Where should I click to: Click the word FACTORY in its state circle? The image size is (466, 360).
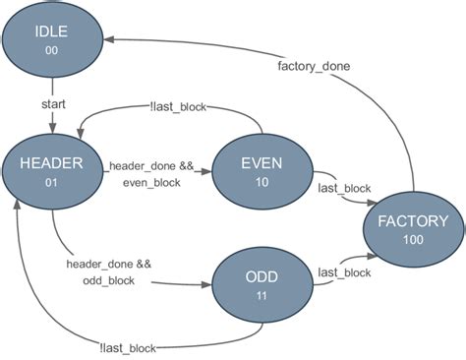[411, 220]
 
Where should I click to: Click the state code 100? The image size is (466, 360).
[411, 241]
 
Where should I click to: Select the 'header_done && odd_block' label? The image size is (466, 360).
[109, 272]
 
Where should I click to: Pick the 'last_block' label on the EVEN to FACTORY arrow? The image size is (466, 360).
[343, 187]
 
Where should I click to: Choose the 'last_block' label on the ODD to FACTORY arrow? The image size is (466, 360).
[344, 272]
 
